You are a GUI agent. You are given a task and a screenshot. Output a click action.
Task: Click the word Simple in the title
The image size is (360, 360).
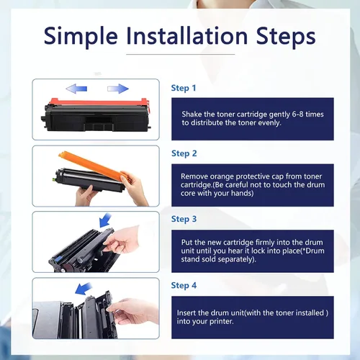pyautogui.click(x=81, y=36)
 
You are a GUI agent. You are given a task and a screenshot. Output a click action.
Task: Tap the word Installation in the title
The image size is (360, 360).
pyautogui.click(x=187, y=35)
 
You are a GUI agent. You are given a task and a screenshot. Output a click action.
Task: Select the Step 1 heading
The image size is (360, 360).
pyautogui.click(x=184, y=88)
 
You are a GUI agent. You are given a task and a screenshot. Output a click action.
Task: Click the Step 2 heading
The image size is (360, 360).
pyautogui.click(x=184, y=153)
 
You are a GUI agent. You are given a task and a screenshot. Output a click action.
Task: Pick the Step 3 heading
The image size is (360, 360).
pyautogui.click(x=184, y=219)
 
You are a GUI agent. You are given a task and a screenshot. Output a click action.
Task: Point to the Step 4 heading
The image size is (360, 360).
pyautogui.click(x=184, y=285)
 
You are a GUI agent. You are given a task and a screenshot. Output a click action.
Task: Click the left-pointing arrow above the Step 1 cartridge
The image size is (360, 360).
pyautogui.click(x=76, y=89)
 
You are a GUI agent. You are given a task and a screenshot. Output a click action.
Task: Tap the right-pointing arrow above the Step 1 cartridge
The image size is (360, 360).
pyautogui.click(x=118, y=89)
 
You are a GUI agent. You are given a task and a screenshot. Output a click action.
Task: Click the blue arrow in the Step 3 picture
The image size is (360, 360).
pyautogui.click(x=105, y=220)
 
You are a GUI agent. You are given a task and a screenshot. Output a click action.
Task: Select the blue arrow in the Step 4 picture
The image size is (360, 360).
pyautogui.click(x=84, y=289)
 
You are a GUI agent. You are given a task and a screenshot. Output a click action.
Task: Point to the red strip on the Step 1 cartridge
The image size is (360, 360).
pyautogui.click(x=99, y=103)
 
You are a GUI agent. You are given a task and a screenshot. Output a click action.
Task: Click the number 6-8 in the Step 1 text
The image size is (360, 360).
pyautogui.click(x=297, y=114)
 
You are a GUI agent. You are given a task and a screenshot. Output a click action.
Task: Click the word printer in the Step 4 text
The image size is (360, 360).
pyautogui.click(x=221, y=322)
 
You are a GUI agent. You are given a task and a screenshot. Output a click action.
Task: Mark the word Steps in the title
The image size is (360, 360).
pyautogui.click(x=286, y=37)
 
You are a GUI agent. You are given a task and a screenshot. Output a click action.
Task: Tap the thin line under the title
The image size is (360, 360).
pyautogui.click(x=181, y=54)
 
